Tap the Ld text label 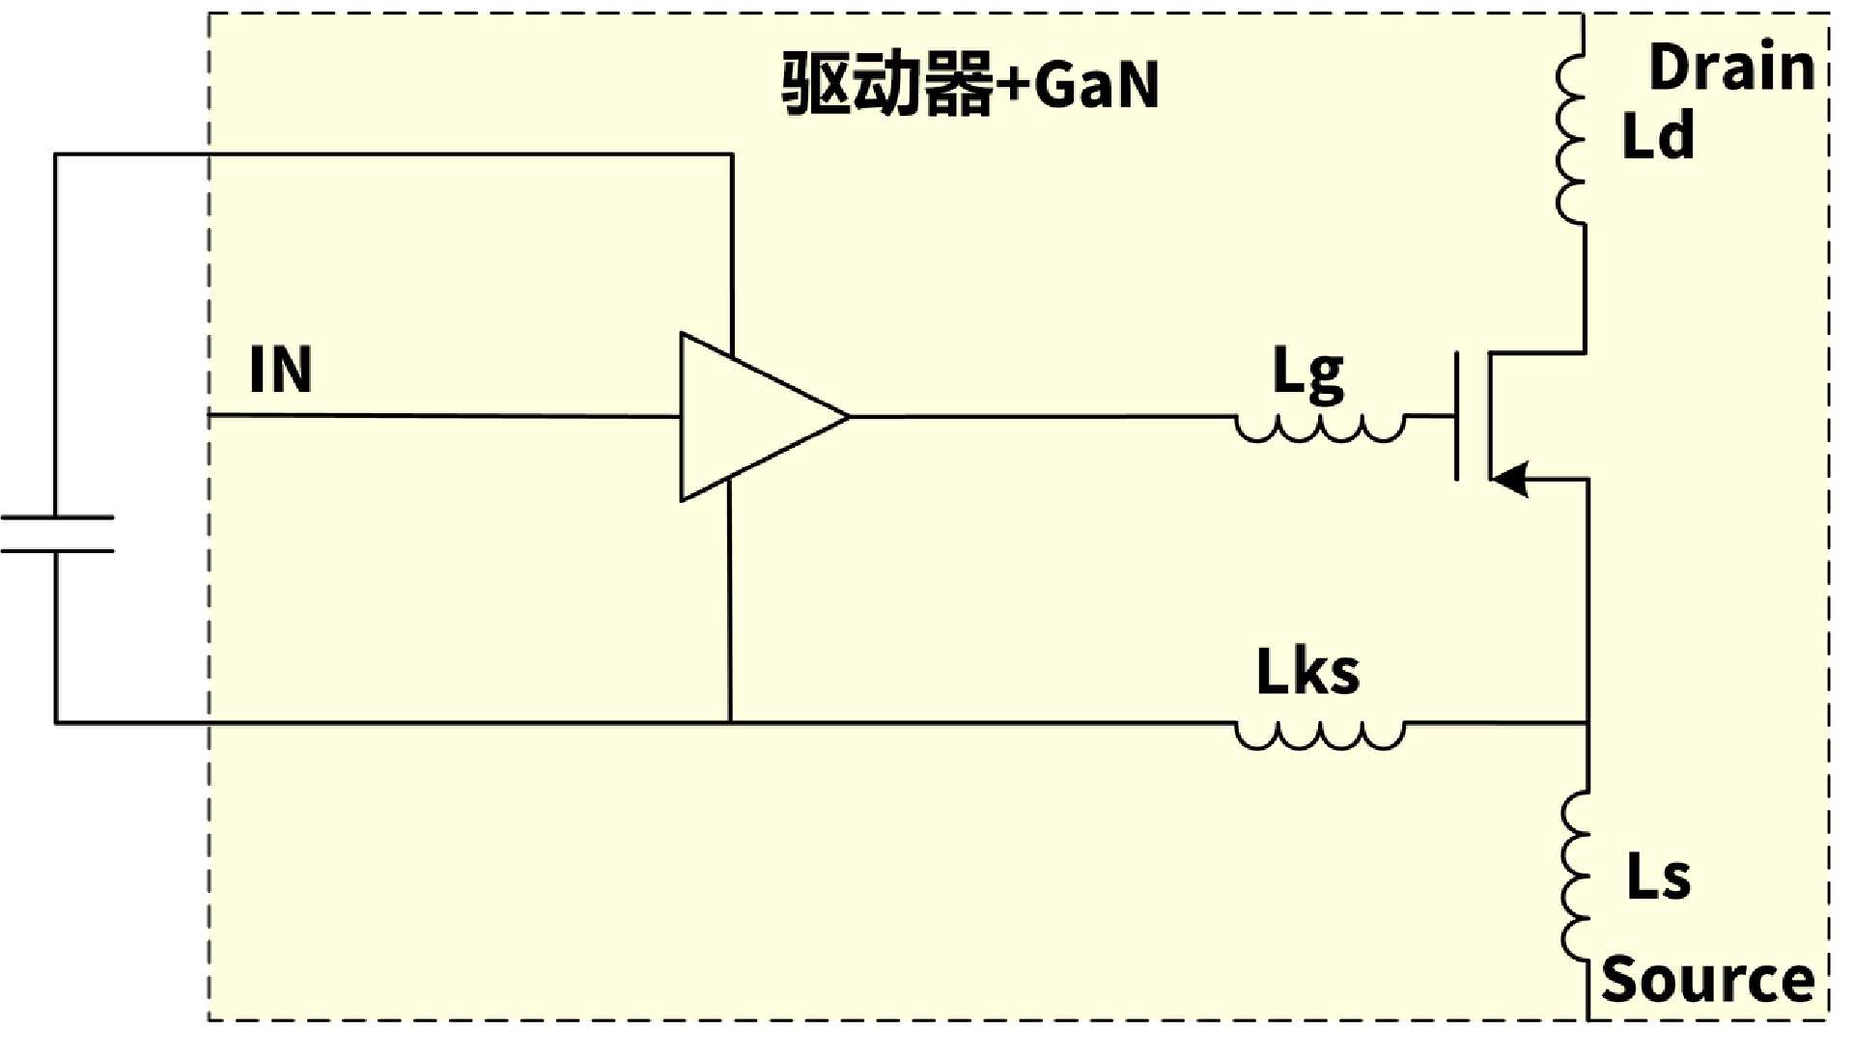(1657, 135)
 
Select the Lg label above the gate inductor (1307, 375)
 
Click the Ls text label (1658, 877)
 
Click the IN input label (280, 369)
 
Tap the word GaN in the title (1096, 85)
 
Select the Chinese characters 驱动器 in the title (887, 84)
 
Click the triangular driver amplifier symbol (763, 417)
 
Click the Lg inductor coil (1320, 430)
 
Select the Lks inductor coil (1320, 736)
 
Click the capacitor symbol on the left (57, 534)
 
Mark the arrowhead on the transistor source (1510, 479)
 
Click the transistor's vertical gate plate (1457, 417)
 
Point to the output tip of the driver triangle (850, 417)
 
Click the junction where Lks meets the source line (1587, 722)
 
